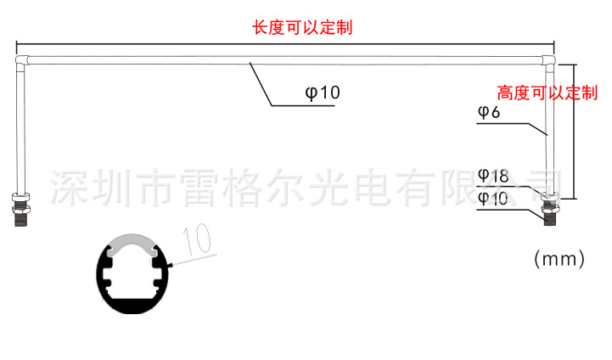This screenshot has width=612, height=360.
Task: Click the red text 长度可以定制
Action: pyautogui.click(x=302, y=27)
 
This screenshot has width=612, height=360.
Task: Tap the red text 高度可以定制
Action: pyautogui.click(x=547, y=93)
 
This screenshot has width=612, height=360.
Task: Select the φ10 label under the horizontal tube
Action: pyautogui.click(x=322, y=93)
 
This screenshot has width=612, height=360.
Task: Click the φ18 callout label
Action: pyautogui.click(x=492, y=177)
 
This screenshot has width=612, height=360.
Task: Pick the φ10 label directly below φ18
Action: pyautogui.click(x=492, y=199)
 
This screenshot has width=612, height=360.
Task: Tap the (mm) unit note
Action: pyautogui.click(x=559, y=259)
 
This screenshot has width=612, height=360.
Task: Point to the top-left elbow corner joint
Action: pyautogui.click(x=21, y=61)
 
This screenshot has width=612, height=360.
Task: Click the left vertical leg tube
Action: pyautogui.click(x=20, y=127)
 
